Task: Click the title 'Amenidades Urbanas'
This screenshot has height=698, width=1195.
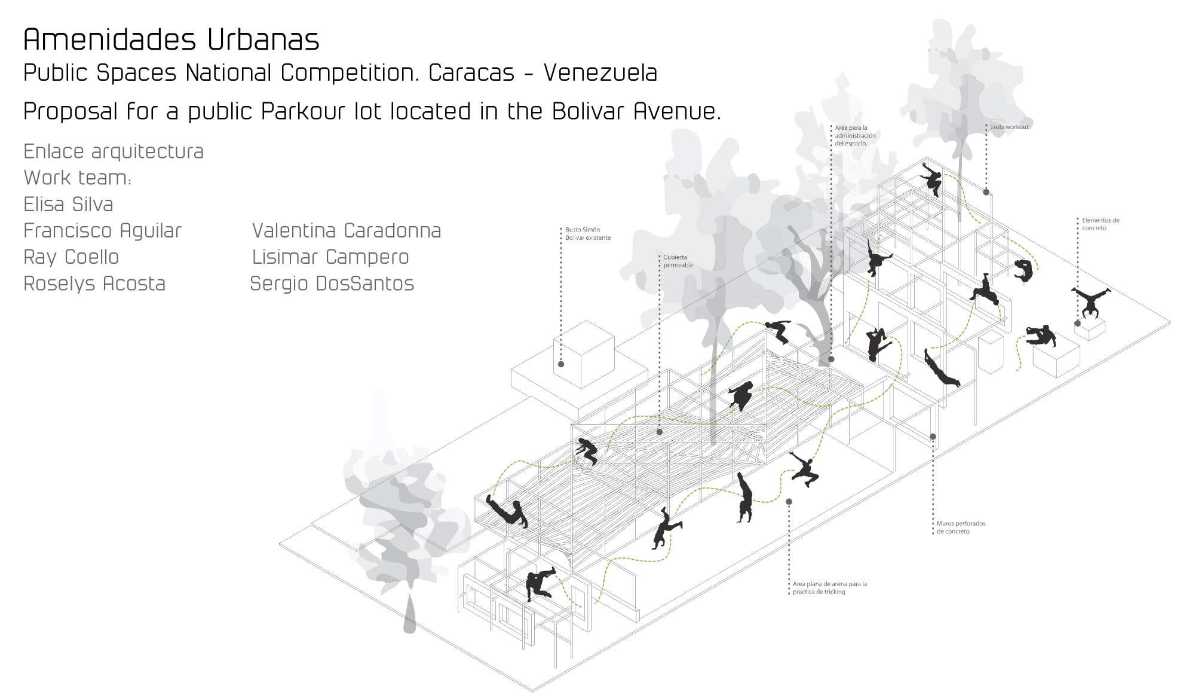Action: (171, 39)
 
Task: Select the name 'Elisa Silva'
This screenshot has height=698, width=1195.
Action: (68, 205)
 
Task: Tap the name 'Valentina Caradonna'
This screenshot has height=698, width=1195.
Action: (347, 231)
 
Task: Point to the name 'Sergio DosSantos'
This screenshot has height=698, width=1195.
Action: (332, 284)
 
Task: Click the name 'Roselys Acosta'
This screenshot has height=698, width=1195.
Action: (94, 284)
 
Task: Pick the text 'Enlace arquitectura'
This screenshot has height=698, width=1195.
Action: (114, 152)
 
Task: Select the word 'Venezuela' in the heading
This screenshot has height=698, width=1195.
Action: (600, 73)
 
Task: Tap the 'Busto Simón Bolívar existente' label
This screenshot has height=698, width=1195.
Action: (588, 234)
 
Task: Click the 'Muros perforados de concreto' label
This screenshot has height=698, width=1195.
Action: (961, 528)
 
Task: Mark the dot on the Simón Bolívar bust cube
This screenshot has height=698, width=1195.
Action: (561, 364)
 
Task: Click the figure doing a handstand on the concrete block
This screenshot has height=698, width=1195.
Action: (1090, 301)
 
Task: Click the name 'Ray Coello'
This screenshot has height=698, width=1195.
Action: (71, 257)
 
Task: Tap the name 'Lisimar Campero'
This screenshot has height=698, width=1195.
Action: (330, 257)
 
